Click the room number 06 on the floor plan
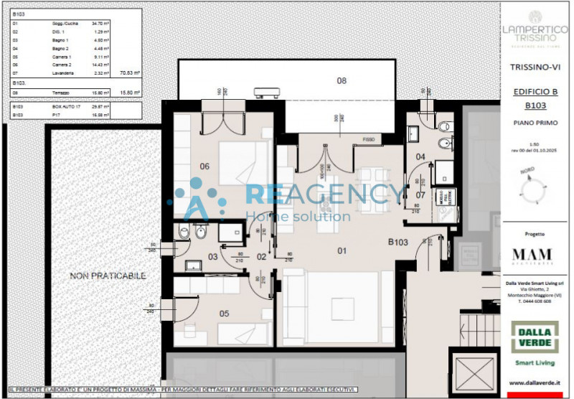(x=204, y=166)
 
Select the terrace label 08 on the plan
(x=342, y=81)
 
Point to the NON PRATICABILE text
(x=108, y=276)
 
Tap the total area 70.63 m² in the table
(x=129, y=72)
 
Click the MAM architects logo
(x=532, y=255)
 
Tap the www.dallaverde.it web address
(x=535, y=383)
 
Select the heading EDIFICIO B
(x=535, y=92)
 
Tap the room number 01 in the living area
(x=342, y=250)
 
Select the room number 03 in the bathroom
(x=212, y=256)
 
